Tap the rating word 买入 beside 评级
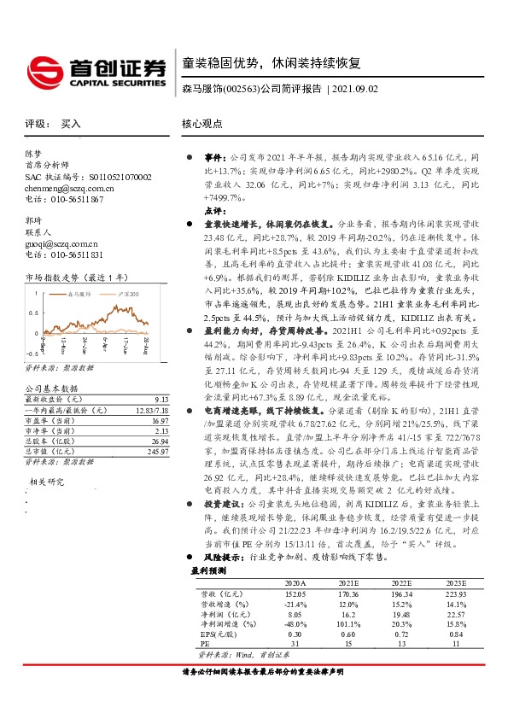[71, 124]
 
